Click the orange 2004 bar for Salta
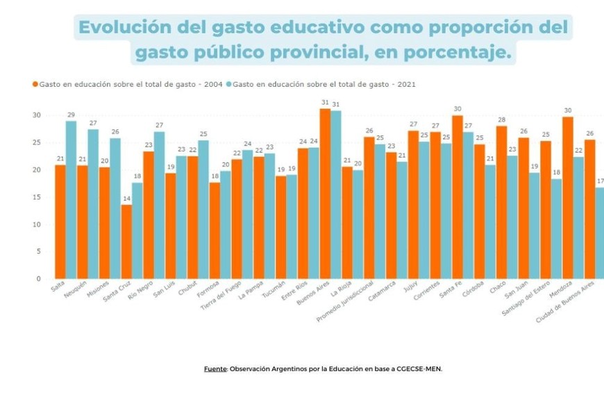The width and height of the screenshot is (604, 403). pyautogui.click(x=60, y=222)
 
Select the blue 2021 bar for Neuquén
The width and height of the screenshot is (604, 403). pyautogui.click(x=93, y=204)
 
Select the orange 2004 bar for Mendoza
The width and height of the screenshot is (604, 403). pyautogui.click(x=567, y=197)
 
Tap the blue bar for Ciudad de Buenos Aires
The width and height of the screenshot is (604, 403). pyautogui.click(x=599, y=233)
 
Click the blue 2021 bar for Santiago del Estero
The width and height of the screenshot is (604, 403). pyautogui.click(x=556, y=229)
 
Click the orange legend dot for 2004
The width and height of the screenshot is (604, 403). pyautogui.click(x=35, y=84)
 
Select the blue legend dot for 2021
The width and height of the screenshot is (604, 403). pyautogui.click(x=229, y=84)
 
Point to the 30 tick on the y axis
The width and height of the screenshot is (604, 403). pyautogui.click(x=37, y=115)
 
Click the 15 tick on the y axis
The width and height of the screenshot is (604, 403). pyautogui.click(x=37, y=197)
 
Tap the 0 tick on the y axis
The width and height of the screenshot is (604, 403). pyautogui.click(x=39, y=279)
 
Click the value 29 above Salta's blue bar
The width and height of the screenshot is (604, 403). pyautogui.click(x=71, y=115)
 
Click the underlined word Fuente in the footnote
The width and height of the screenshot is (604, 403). pyautogui.click(x=215, y=369)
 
